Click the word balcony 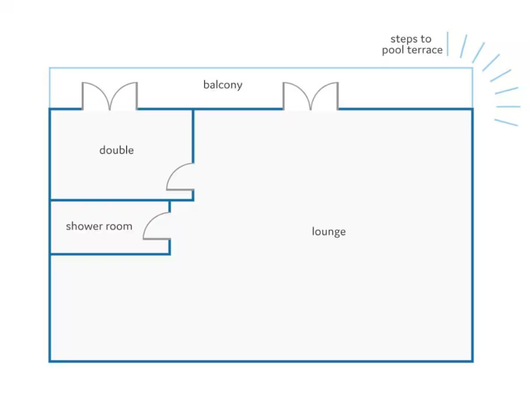[x=223, y=85]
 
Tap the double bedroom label [x=116, y=150]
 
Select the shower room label [x=99, y=226]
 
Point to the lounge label [x=329, y=232]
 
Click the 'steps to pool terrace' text [x=412, y=44]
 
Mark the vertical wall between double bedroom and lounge [x=193, y=134]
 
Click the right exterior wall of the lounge [x=472, y=233]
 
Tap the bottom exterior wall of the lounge [x=259, y=361]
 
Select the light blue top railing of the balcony [x=259, y=68]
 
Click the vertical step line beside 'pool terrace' [x=448, y=44]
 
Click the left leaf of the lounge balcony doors [x=296, y=96]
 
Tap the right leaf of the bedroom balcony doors [x=124, y=96]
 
